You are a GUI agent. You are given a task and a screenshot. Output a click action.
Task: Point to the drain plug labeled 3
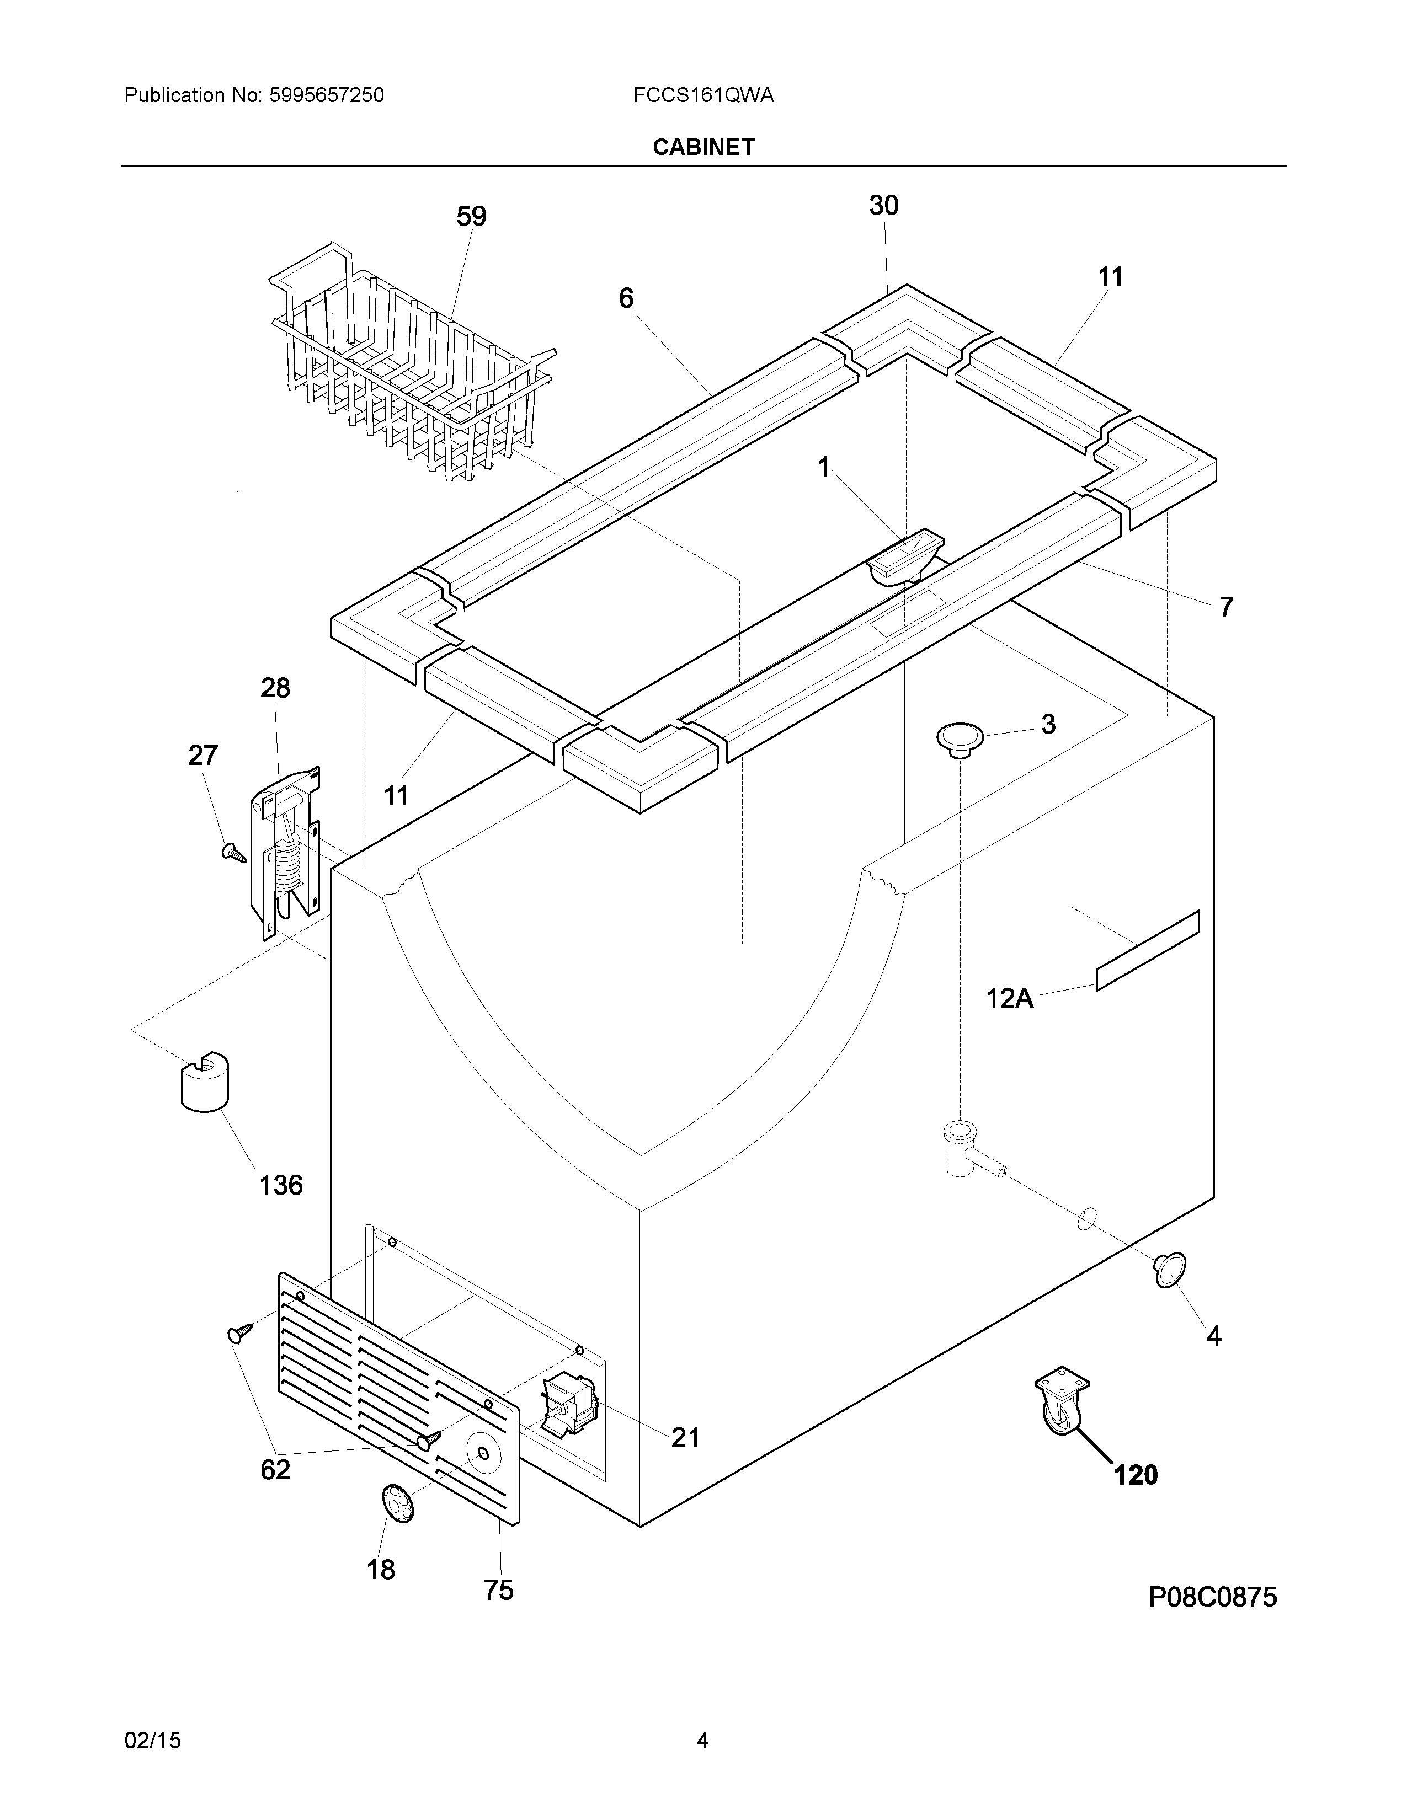[960, 737]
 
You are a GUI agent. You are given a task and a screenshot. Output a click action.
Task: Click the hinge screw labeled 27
[232, 852]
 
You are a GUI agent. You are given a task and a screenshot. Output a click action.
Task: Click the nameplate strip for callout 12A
[1147, 950]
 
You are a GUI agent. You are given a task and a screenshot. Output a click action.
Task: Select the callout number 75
[498, 1590]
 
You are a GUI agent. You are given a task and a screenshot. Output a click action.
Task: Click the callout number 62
[275, 1469]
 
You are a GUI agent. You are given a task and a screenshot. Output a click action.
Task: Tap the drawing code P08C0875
[1212, 1597]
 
